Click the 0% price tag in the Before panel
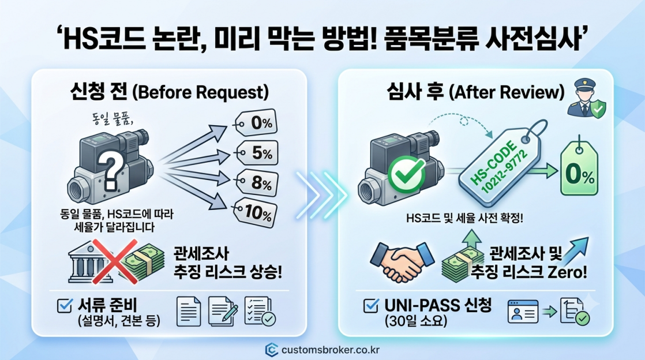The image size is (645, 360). pyautogui.click(x=256, y=122)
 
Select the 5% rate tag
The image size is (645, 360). pyautogui.click(x=257, y=153)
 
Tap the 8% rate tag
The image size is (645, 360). pyautogui.click(x=257, y=183)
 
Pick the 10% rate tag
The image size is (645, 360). pyautogui.click(x=255, y=212)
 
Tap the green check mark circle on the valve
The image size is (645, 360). pyautogui.click(x=406, y=174)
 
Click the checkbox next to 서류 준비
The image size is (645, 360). pyautogui.click(x=65, y=306)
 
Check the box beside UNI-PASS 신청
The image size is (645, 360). pyautogui.click(x=371, y=306)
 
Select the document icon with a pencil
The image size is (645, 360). pyautogui.click(x=223, y=312)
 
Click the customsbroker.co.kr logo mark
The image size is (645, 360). pyautogui.click(x=272, y=350)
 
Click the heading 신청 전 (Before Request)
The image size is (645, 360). pyautogui.click(x=169, y=91)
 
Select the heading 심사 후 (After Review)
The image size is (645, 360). pyautogui.click(x=475, y=91)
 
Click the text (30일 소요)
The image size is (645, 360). pyautogui.click(x=415, y=321)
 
